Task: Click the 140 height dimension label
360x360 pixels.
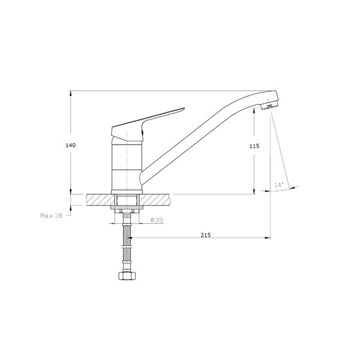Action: (x=70, y=145)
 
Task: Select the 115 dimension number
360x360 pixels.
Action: (x=254, y=146)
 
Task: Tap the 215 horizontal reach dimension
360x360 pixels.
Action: (x=206, y=235)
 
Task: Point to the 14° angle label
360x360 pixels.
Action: (x=279, y=185)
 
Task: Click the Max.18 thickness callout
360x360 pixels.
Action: (x=51, y=215)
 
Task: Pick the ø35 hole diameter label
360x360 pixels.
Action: (x=157, y=220)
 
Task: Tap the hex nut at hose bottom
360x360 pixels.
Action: (x=127, y=276)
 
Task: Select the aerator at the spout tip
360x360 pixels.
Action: (x=270, y=106)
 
